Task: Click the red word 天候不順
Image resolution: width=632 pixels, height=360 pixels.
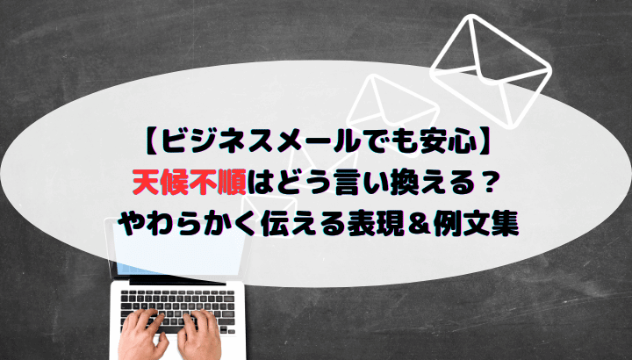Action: [189, 184]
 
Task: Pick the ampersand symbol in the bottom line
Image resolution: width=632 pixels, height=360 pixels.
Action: [419, 225]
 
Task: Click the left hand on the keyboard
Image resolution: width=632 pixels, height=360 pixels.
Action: [142, 334]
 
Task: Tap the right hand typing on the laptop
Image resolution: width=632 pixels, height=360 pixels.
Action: [198, 334]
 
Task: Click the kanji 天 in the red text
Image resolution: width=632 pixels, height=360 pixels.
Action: [146, 184]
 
